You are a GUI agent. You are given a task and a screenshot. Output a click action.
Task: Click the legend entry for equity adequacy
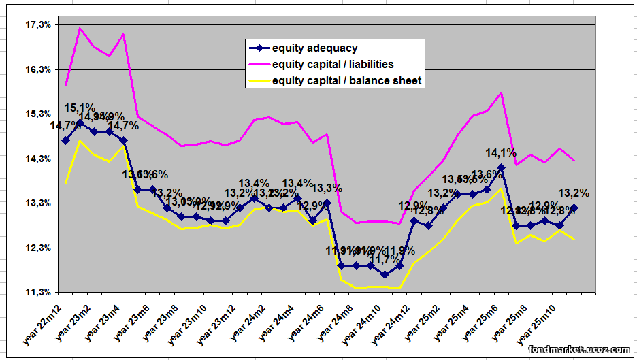pos(314,48)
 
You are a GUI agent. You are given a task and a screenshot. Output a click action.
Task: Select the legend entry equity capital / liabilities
pos(332,65)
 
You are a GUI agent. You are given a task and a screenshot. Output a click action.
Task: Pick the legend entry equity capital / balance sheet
pos(346,81)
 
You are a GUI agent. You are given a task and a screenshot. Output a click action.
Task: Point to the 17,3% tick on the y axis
pos(21,25)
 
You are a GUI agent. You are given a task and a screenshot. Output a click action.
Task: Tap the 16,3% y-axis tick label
pos(21,69)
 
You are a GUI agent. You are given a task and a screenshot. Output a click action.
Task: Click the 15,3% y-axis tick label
pos(21,114)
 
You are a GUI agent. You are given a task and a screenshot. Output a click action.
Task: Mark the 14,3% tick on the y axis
pos(21,159)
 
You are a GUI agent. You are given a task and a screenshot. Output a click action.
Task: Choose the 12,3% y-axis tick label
pos(21,248)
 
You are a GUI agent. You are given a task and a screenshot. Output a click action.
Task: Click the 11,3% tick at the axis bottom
pos(21,292)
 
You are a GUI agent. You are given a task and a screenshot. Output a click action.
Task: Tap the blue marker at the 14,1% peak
pos(502,167)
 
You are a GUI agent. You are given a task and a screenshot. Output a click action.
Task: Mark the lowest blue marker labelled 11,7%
pos(385,274)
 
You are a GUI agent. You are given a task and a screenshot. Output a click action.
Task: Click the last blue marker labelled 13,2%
pos(574,208)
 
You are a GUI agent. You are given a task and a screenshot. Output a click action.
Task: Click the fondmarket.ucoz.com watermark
pos(580,350)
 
